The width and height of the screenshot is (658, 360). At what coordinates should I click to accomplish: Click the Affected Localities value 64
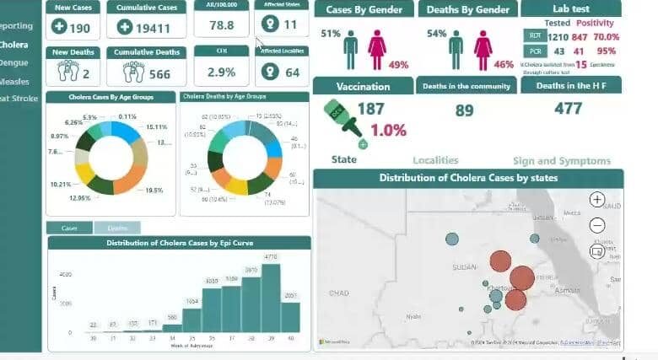point(292,73)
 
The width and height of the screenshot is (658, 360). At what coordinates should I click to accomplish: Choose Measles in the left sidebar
point(14,82)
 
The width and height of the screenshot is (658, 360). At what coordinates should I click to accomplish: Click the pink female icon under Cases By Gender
point(376,51)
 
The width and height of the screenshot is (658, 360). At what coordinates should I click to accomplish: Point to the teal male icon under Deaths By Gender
point(456,51)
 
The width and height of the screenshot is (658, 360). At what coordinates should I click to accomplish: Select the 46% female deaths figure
point(504,65)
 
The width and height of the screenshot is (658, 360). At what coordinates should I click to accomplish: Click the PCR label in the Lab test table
point(535,51)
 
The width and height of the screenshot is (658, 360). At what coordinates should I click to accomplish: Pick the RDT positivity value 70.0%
point(606,37)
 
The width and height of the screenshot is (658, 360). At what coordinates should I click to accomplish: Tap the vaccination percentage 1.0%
point(388,130)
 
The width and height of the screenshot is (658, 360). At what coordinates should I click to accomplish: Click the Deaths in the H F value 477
point(570,108)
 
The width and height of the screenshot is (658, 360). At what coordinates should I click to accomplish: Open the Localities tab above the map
point(435,160)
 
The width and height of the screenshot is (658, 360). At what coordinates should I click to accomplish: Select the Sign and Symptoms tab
point(561,161)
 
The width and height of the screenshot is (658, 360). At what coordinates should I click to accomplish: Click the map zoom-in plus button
point(597,200)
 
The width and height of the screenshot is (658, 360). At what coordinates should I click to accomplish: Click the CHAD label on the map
point(338,293)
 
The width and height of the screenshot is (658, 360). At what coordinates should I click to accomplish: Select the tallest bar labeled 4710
point(271,298)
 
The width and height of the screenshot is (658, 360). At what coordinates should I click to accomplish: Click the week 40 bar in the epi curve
point(290,317)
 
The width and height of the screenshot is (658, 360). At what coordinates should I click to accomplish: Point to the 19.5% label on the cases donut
point(154,191)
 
